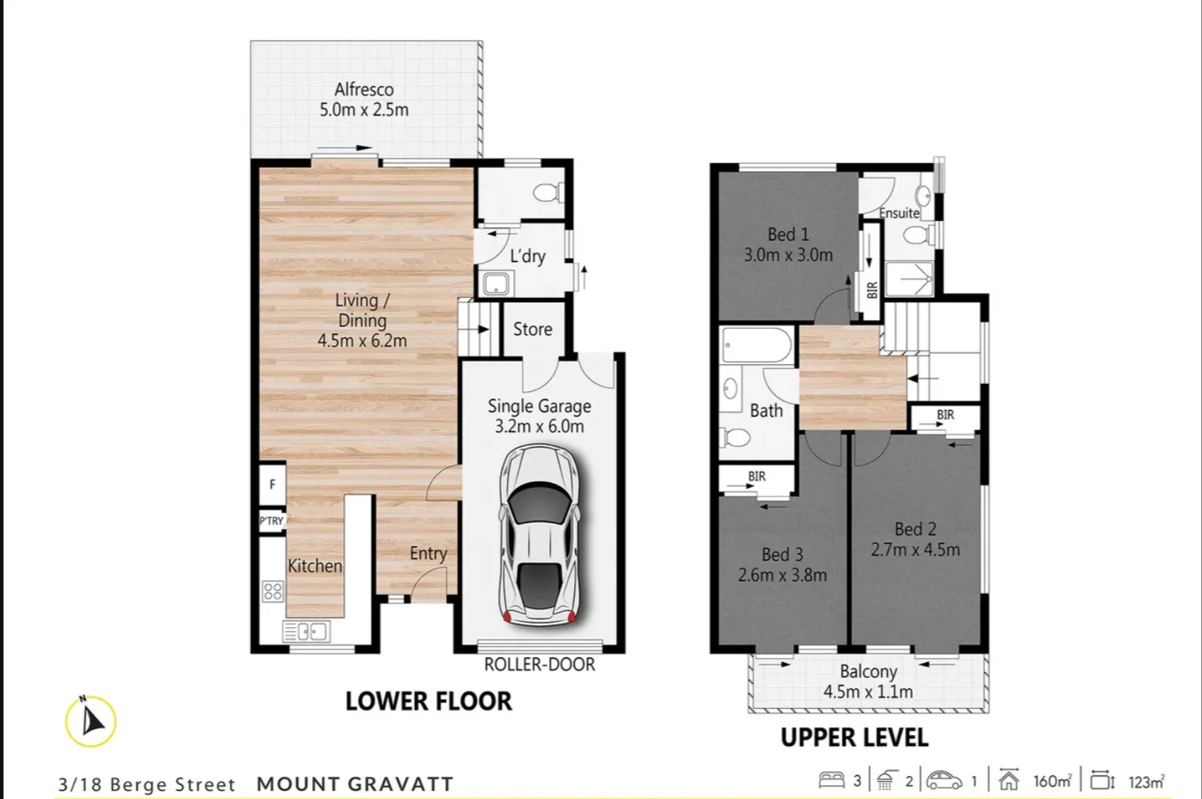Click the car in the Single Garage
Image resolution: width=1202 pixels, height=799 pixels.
coord(539,533)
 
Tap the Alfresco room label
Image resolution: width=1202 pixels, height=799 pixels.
coord(363,89)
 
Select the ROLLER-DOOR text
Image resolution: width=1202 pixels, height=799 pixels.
coord(539,664)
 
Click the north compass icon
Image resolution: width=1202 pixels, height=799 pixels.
coord(91,721)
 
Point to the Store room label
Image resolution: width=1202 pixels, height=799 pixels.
coord(532,329)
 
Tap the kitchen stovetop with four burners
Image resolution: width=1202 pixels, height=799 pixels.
coord(272,591)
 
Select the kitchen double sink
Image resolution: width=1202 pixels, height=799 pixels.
coord(306,632)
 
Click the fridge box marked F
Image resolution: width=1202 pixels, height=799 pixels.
coord(272,485)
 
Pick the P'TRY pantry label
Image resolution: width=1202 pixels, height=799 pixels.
coord(272,520)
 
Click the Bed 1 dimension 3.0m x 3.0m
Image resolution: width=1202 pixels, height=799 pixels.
coord(788,255)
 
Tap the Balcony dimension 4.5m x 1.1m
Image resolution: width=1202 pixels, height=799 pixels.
coord(868,691)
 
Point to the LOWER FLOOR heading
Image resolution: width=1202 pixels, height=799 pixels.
coord(428,702)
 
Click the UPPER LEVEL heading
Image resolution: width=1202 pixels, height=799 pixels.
coord(854,738)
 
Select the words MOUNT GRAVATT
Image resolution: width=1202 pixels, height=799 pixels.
coord(355,784)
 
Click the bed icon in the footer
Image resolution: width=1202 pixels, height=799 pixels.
coord(831,781)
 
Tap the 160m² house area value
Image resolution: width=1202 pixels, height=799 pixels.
coord(1052,782)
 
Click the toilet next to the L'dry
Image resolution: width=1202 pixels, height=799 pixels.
coord(547,192)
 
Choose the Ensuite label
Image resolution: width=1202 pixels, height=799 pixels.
coord(899,213)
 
